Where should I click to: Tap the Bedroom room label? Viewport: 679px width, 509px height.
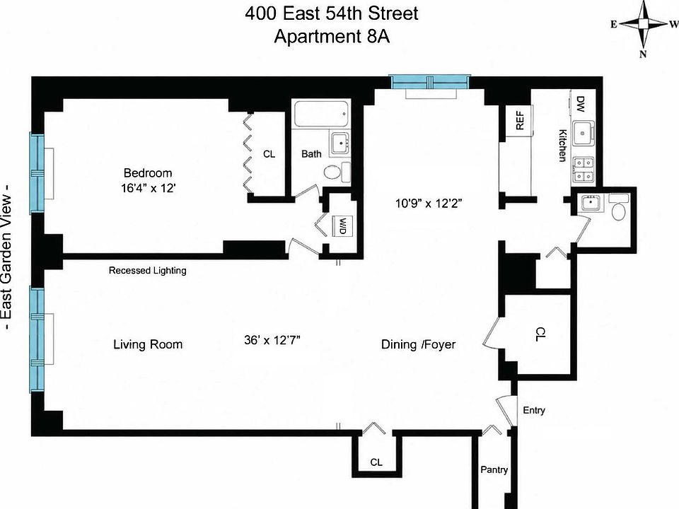click(148, 173)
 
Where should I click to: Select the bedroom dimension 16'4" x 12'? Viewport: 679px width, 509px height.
click(149, 188)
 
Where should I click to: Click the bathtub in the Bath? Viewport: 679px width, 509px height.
click(321, 114)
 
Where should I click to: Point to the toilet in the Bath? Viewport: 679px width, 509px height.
click(337, 172)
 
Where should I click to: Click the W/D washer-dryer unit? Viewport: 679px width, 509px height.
click(342, 226)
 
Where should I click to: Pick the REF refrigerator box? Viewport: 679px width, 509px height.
click(519, 120)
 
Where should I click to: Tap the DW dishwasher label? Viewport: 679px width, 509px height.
click(581, 104)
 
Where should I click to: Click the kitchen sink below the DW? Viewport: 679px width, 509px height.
click(584, 132)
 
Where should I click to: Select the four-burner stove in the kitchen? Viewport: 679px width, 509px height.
click(584, 169)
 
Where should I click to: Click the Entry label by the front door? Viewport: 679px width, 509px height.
click(533, 410)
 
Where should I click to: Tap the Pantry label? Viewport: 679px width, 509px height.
click(494, 469)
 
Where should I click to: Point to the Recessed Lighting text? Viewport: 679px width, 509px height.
click(148, 271)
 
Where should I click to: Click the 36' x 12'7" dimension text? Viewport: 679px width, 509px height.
click(272, 340)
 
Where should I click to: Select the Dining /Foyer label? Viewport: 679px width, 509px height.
click(418, 344)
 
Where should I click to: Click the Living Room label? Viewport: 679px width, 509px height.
click(148, 344)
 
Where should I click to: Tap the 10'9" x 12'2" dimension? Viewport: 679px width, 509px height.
click(429, 203)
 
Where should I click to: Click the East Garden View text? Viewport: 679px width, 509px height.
click(7, 257)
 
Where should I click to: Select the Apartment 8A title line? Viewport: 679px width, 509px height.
click(332, 36)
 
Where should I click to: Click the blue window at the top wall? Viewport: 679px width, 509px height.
click(430, 81)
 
